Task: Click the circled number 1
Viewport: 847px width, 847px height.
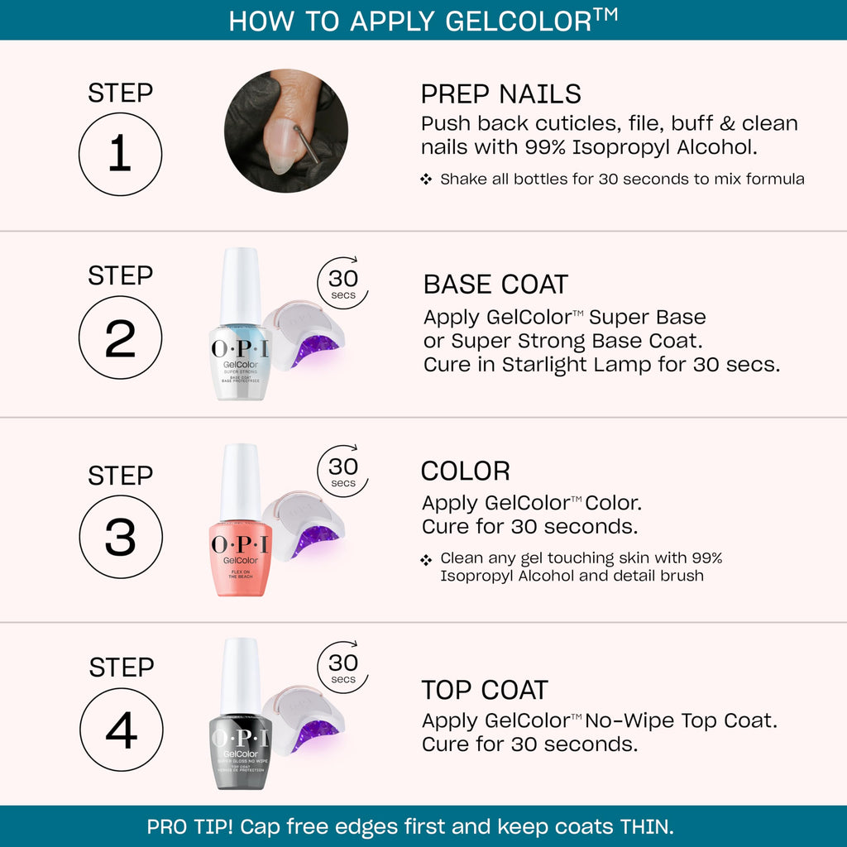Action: (120, 155)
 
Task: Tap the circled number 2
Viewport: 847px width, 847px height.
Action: (120, 338)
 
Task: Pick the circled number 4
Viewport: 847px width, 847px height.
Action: (121, 730)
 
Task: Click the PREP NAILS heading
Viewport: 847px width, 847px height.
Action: (500, 93)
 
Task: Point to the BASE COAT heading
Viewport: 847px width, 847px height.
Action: (495, 285)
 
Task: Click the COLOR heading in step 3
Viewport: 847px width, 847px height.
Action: (465, 471)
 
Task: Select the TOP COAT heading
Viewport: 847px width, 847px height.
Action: (484, 690)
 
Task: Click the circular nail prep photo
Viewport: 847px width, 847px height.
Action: (285, 131)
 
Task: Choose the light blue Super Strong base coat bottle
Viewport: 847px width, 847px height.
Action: (240, 360)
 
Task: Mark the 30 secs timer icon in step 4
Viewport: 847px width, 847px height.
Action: (342, 668)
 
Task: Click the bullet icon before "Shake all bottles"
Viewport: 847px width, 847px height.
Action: (426, 179)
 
